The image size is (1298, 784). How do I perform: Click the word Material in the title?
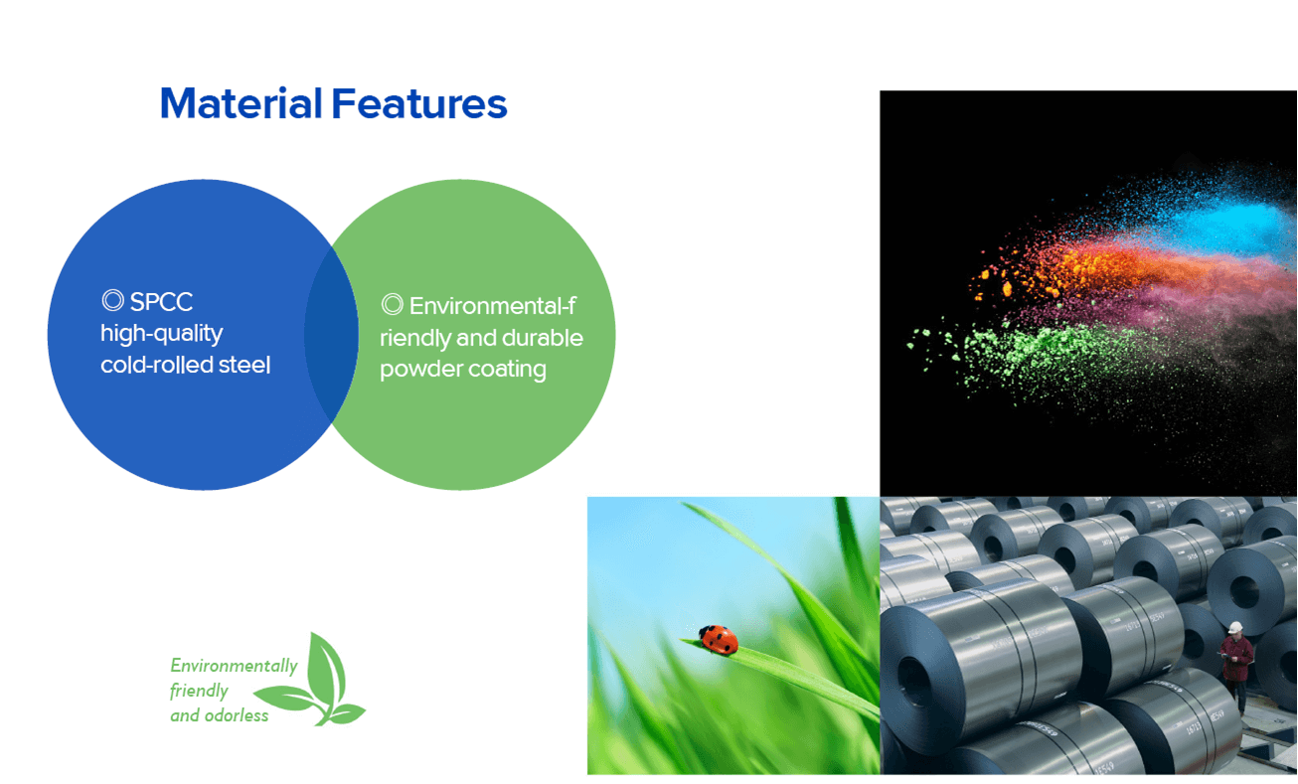[x=242, y=103]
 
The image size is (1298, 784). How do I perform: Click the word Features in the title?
[x=419, y=103]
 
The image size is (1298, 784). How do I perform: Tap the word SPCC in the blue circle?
[x=161, y=302]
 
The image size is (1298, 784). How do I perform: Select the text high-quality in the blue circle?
[x=161, y=334]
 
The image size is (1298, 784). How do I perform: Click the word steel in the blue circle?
[x=244, y=365]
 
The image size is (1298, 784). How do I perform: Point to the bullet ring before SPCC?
[x=113, y=300]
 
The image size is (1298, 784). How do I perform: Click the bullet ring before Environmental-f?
[x=393, y=304]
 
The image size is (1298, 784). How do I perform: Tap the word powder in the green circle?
[x=420, y=370]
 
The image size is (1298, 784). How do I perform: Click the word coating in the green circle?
[x=507, y=370]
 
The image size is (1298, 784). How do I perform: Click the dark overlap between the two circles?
[x=331, y=334]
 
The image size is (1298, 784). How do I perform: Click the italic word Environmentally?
[x=235, y=667]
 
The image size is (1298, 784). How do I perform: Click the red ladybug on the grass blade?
[x=719, y=640]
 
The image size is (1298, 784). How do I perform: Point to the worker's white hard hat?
[x=1234, y=628]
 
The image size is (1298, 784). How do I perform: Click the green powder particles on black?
[x=1020, y=354]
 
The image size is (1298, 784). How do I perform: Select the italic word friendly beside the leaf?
[x=199, y=692]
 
